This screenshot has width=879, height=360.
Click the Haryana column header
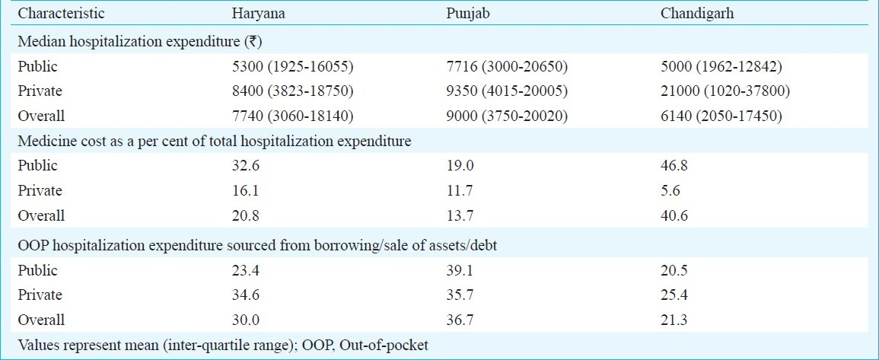(259, 14)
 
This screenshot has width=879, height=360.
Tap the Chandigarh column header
(697, 14)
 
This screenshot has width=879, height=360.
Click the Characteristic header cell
(61, 14)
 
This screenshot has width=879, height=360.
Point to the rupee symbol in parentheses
(260, 42)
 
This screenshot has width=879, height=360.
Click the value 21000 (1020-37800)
(726, 91)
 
